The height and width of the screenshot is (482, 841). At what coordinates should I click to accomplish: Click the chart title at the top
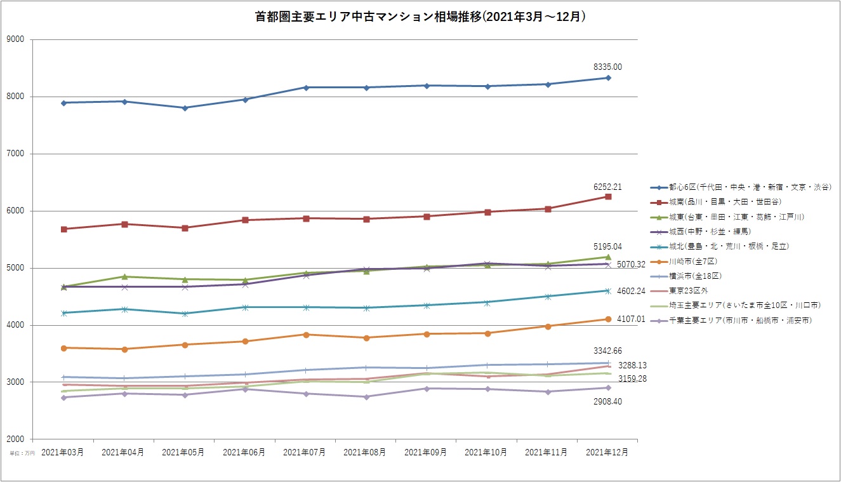click(420, 17)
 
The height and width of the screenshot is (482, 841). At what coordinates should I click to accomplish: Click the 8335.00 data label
click(607, 67)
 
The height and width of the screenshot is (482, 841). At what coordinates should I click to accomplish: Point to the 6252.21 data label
click(607, 187)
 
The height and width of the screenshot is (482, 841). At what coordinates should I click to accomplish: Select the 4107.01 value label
click(631, 319)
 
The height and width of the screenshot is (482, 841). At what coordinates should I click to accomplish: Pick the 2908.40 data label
click(607, 401)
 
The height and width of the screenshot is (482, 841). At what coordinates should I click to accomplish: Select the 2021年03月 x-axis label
click(63, 452)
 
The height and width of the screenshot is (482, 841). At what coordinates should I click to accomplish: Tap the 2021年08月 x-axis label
click(365, 452)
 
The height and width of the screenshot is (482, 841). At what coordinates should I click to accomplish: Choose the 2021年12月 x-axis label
click(607, 452)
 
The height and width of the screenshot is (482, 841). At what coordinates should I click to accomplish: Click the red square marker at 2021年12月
click(608, 197)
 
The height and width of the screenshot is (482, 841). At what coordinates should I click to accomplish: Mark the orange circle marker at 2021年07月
click(306, 335)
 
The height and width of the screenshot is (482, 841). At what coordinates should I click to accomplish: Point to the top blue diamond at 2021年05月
click(185, 108)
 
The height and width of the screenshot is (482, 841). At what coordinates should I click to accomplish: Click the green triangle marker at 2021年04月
click(124, 276)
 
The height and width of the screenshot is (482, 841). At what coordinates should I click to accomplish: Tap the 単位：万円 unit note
click(22, 453)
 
